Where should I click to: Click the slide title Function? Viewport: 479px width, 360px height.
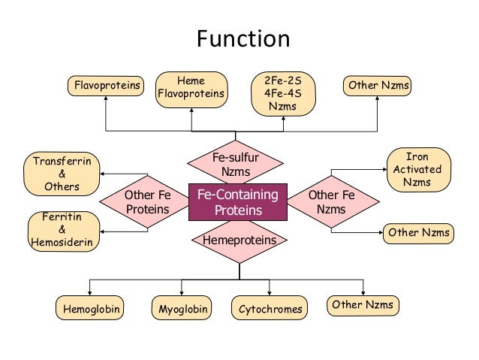tap(243, 39)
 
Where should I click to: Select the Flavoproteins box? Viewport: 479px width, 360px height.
tap(106, 86)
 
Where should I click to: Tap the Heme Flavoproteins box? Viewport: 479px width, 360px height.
tap(192, 89)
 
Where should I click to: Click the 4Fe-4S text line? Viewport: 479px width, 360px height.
tap(282, 93)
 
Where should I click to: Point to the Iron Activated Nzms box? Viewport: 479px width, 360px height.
tap(417, 169)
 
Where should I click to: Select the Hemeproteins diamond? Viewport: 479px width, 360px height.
tap(236, 241)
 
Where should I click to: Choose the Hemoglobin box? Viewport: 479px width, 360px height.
tap(90, 308)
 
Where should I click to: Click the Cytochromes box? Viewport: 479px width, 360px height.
tap(270, 308)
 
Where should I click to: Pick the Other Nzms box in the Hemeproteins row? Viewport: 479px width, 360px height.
tap(363, 304)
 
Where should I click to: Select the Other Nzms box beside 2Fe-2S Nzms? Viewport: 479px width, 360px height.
tap(378, 86)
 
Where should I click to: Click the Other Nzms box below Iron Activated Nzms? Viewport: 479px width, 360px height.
tap(418, 233)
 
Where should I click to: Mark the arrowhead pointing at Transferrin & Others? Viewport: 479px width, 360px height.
tap(104, 174)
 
